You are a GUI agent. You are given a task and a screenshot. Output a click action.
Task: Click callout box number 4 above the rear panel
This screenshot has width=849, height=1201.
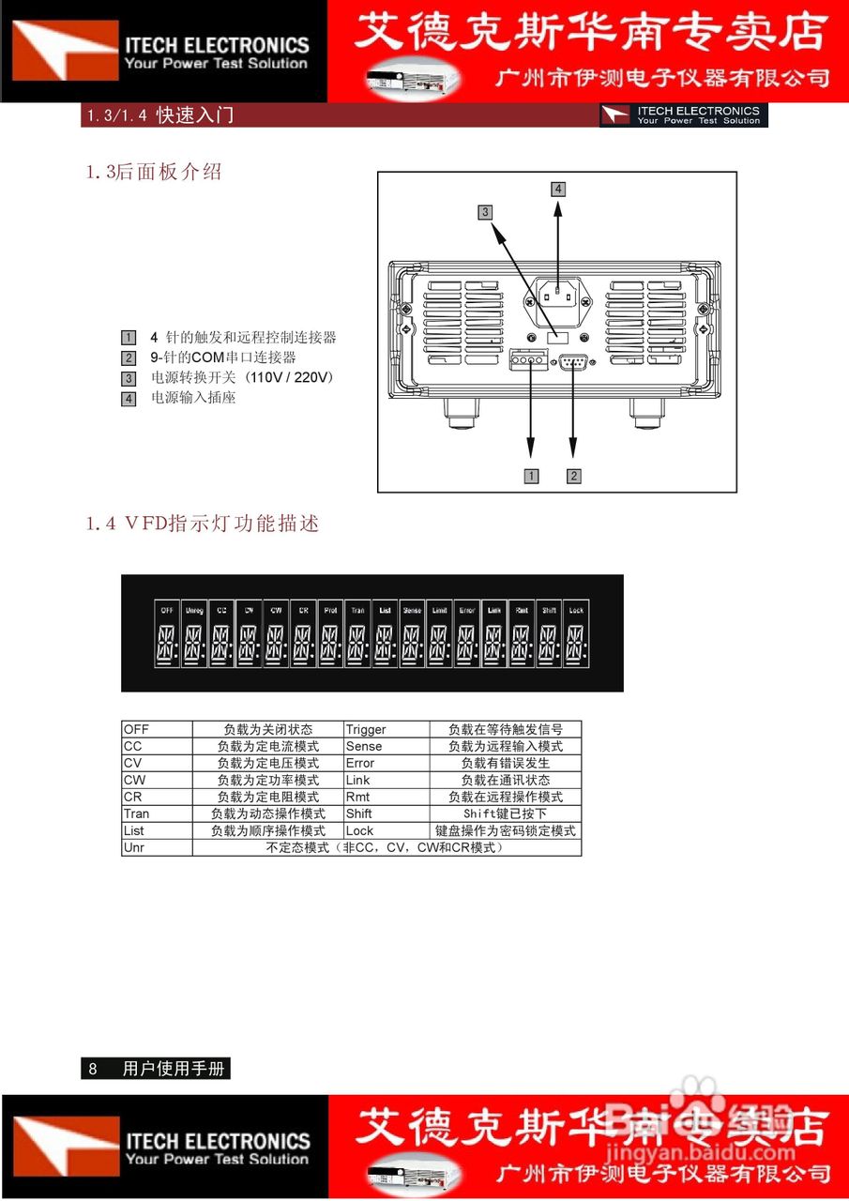click(x=558, y=189)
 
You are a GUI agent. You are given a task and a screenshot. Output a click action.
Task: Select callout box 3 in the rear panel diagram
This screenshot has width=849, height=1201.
click(x=485, y=212)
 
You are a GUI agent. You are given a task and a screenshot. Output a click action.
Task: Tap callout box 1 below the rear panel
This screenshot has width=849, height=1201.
click(x=531, y=476)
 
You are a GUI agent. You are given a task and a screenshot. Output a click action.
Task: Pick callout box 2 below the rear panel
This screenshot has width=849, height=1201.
click(x=574, y=476)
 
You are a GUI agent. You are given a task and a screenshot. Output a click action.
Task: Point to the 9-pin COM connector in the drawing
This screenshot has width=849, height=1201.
click(x=573, y=362)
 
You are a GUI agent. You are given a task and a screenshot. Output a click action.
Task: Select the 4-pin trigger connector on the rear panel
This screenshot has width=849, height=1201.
click(x=529, y=360)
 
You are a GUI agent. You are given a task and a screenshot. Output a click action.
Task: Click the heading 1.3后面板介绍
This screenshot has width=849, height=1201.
click(x=154, y=173)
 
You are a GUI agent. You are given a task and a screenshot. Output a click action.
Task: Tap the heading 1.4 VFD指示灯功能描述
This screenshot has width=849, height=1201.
click(x=203, y=524)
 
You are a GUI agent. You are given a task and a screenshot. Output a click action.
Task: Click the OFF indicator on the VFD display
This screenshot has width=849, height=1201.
click(x=167, y=610)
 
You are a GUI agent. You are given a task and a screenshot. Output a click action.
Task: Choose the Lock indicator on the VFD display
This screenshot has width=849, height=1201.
click(x=576, y=610)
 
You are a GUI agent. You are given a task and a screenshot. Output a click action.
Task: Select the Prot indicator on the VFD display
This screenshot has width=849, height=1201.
click(x=330, y=610)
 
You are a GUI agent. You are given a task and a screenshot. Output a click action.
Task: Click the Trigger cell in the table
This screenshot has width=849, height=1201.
click(x=366, y=729)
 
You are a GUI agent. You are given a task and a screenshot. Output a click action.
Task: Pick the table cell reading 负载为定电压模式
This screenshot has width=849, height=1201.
click(x=268, y=763)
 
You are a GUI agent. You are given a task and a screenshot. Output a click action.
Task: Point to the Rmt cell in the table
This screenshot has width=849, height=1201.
click(x=357, y=797)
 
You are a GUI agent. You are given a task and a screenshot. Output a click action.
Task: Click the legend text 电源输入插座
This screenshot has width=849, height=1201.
click(x=193, y=398)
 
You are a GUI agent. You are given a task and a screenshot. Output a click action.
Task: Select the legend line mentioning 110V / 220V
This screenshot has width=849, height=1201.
click(x=243, y=377)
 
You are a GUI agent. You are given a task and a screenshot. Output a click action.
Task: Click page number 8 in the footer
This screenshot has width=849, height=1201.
click(x=93, y=1069)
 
